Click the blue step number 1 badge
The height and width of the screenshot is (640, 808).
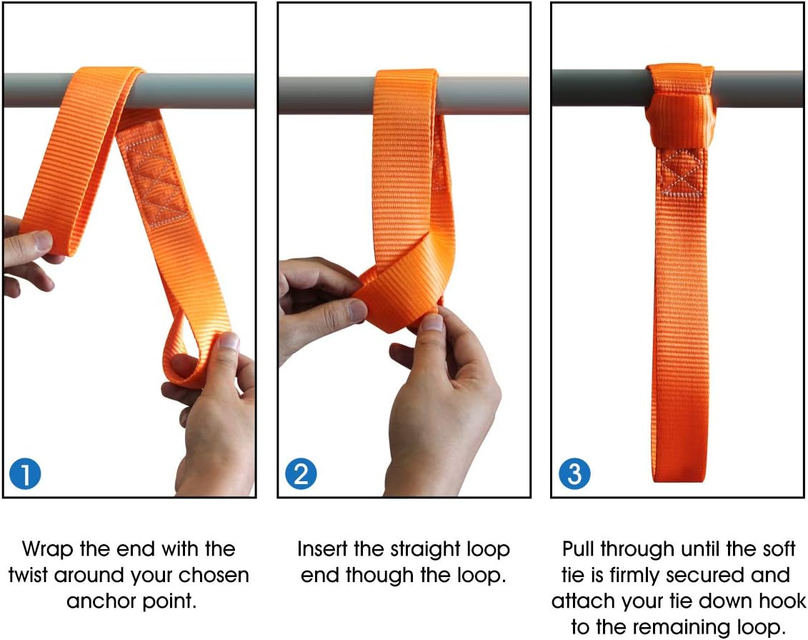25,475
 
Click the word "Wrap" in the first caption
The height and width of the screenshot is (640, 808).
47,549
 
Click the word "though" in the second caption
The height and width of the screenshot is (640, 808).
376,575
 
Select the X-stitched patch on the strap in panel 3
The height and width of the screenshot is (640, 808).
679,173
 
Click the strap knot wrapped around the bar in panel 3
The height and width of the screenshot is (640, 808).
679,107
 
